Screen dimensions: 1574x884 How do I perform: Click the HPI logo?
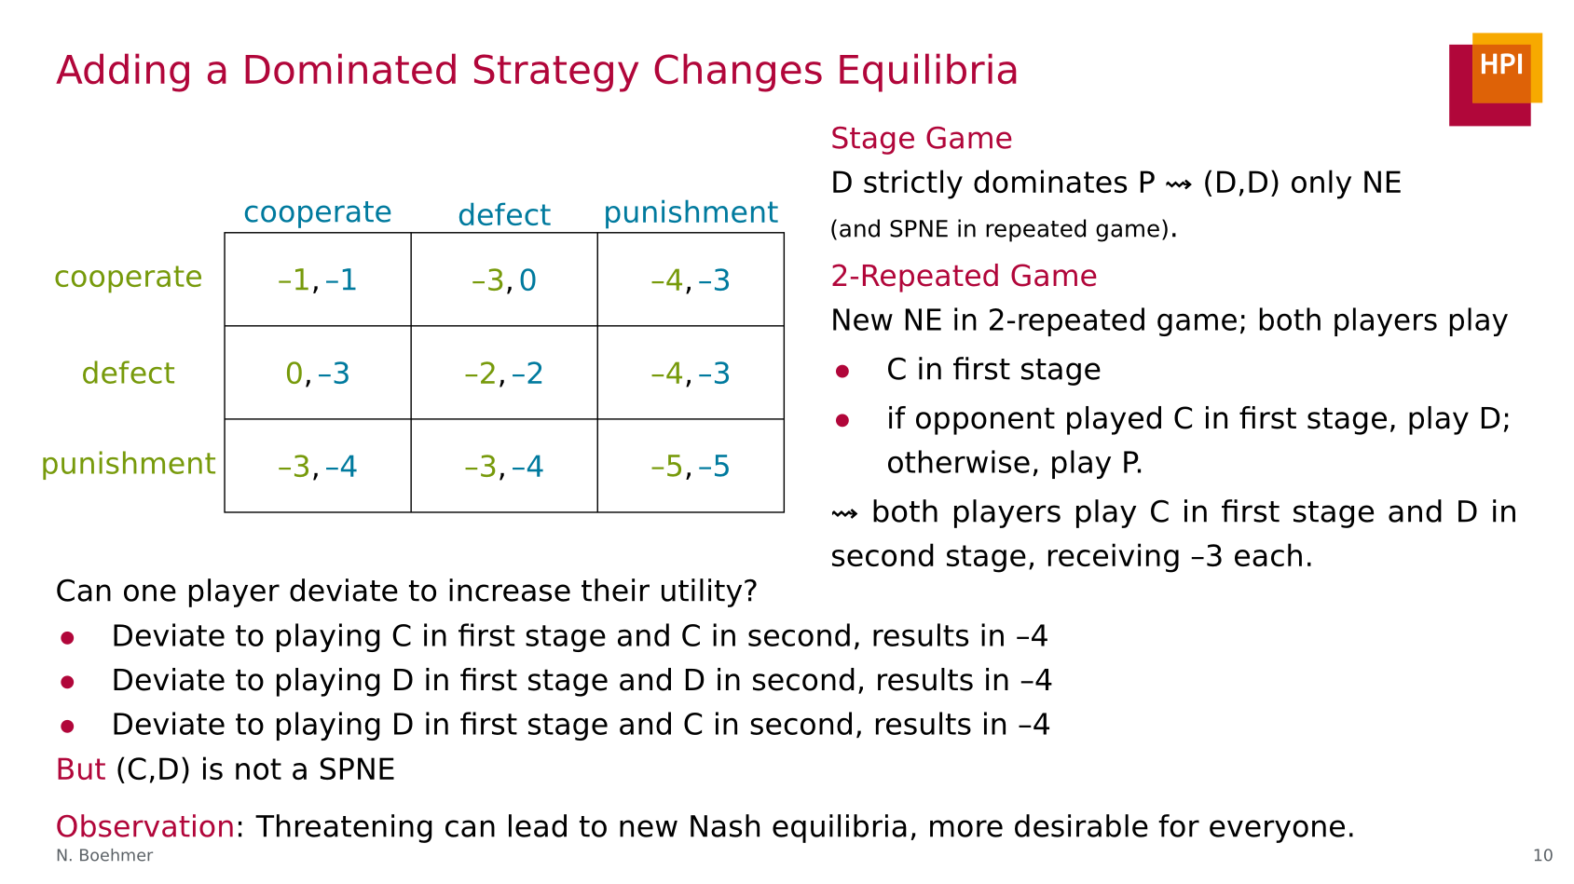(x=1496, y=79)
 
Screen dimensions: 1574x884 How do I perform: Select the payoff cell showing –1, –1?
(x=318, y=279)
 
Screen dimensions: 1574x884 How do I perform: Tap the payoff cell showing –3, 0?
(x=504, y=279)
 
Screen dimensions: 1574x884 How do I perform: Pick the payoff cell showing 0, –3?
(x=318, y=373)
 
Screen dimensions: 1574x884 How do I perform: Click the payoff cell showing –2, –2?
(x=504, y=373)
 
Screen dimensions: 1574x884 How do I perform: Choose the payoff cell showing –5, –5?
(x=691, y=466)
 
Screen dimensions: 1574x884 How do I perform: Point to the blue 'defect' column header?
(x=504, y=214)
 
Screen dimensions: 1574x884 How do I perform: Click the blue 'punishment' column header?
(x=691, y=212)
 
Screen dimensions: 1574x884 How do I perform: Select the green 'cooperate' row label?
(x=128, y=278)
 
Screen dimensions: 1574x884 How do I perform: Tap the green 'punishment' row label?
(x=128, y=464)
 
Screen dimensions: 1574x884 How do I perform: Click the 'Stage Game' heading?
(x=922, y=138)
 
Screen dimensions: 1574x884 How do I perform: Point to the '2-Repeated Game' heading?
(x=964, y=276)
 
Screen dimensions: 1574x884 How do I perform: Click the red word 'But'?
(x=80, y=769)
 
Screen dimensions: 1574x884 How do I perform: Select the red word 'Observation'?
(x=144, y=826)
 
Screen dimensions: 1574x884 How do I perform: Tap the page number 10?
(x=1542, y=855)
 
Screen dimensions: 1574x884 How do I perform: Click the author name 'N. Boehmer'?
(x=104, y=855)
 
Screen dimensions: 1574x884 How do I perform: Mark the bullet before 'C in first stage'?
(x=842, y=371)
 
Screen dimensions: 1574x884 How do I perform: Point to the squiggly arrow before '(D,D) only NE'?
(x=1178, y=184)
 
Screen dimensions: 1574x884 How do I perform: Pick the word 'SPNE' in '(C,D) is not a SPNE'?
(x=356, y=769)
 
